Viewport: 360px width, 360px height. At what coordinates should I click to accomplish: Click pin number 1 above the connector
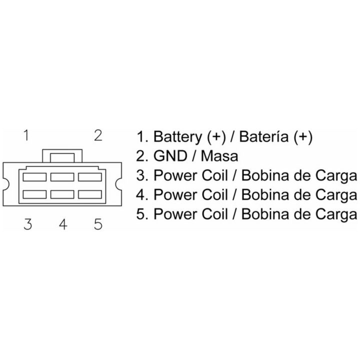click(26, 135)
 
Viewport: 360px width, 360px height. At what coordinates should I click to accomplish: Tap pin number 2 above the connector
click(98, 135)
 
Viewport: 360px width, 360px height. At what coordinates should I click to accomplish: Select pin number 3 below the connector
click(28, 224)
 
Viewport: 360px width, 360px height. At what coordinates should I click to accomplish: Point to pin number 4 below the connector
click(63, 224)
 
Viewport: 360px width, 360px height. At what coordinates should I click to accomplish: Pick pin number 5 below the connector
click(98, 224)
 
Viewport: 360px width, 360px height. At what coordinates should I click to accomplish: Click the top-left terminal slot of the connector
click(34, 177)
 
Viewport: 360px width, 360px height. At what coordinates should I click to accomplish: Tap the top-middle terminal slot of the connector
click(62, 177)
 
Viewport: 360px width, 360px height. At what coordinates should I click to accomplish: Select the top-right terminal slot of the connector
click(90, 177)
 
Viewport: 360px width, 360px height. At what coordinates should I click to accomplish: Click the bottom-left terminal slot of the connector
click(34, 194)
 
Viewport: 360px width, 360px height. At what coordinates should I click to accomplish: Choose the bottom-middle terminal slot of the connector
click(62, 194)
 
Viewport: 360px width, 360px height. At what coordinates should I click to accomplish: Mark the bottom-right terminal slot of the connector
click(90, 194)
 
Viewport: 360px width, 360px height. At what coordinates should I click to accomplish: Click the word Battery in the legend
click(177, 137)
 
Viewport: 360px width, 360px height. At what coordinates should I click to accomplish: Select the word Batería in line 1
click(263, 136)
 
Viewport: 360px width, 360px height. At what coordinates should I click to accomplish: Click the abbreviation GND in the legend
click(170, 156)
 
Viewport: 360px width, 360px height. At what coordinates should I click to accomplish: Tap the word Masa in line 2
click(219, 156)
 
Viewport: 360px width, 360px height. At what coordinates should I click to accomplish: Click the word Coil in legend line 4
click(215, 194)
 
